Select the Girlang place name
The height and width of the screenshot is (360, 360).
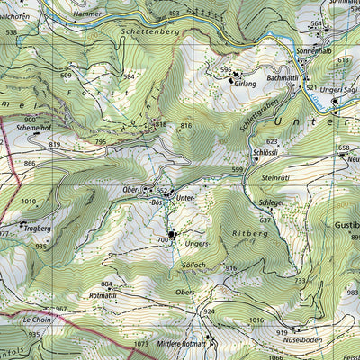(244, 83)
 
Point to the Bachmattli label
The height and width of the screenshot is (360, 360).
(283, 80)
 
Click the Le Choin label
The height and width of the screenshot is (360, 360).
(37, 319)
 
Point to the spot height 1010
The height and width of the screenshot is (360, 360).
(31, 202)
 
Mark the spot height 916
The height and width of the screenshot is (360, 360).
(230, 268)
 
